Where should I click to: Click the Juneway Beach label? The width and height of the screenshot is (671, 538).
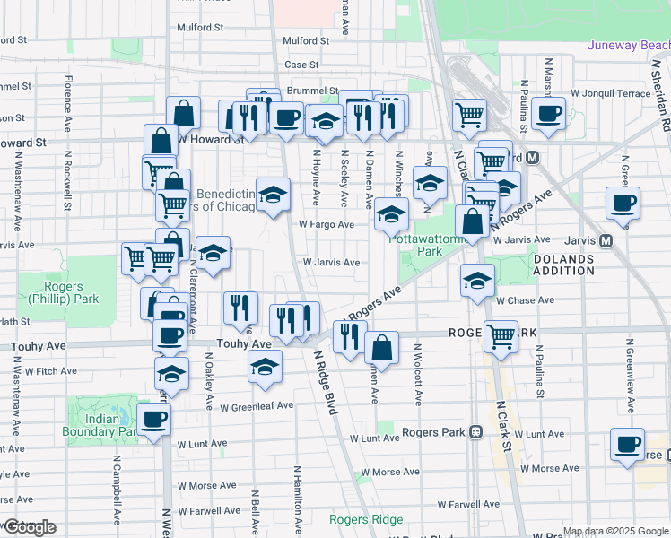(x=629, y=45)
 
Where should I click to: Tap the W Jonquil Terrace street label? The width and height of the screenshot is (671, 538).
(x=613, y=93)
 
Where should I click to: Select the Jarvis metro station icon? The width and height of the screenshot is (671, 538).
(x=606, y=240)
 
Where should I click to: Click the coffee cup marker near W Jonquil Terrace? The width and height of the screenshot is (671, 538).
(x=548, y=114)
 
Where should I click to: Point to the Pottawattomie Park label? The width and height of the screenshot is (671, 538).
(x=416, y=245)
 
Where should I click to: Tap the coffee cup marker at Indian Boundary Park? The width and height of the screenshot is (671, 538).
(x=154, y=418)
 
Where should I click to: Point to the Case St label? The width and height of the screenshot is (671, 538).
(x=301, y=65)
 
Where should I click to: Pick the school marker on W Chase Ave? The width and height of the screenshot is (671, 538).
(x=477, y=281)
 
